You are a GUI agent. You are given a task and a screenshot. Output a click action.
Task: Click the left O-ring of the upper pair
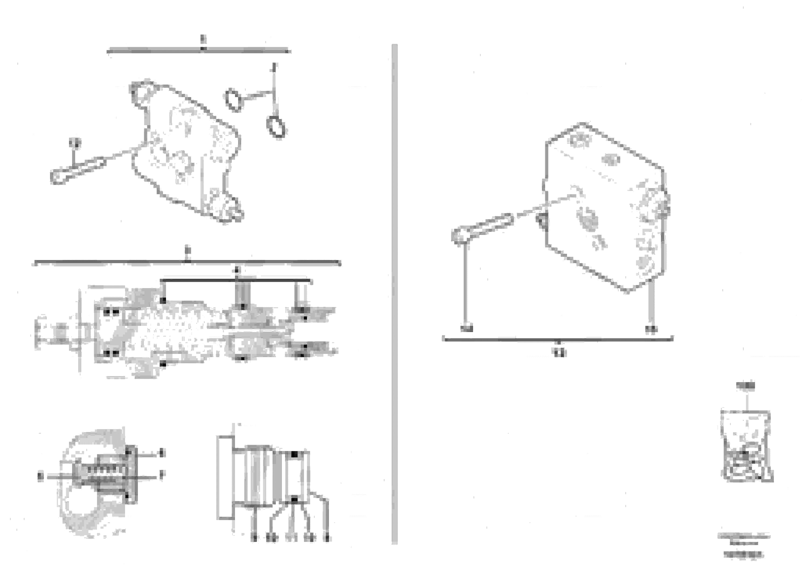[x=233, y=100]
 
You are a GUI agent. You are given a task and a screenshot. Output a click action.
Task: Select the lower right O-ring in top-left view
[x=277, y=127]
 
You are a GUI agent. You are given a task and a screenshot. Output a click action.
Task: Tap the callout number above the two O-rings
[x=275, y=67]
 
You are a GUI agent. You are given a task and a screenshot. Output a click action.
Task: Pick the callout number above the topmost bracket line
[x=203, y=39]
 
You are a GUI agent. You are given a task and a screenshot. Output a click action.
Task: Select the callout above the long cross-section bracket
[x=188, y=250]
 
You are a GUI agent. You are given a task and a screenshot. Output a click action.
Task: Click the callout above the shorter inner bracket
[x=237, y=270]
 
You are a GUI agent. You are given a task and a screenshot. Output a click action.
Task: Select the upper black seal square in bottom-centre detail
[x=295, y=455]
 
